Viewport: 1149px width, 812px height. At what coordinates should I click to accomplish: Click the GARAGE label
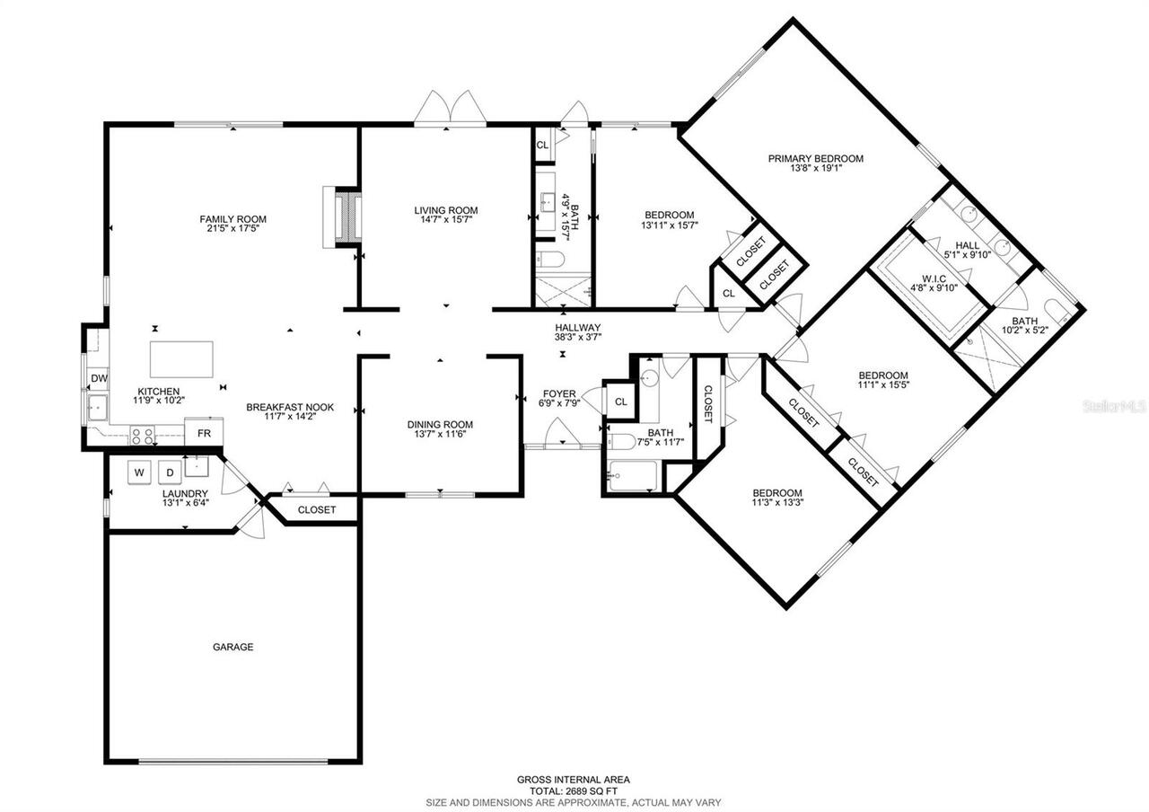[232, 647]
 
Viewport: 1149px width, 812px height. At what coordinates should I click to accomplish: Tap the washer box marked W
[139, 472]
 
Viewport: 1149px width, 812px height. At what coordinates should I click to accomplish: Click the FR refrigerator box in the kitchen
[204, 433]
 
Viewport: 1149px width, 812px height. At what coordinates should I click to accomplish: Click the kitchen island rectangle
[182, 359]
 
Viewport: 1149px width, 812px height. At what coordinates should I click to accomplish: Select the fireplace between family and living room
[343, 216]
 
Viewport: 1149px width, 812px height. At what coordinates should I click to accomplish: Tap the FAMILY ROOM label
[232, 219]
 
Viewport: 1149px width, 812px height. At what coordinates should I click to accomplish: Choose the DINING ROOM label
[440, 425]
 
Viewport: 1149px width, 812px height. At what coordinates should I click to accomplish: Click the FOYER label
[559, 394]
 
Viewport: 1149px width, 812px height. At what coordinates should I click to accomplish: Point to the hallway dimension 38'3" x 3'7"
[577, 338]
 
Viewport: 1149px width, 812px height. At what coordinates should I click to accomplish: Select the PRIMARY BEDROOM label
[815, 159]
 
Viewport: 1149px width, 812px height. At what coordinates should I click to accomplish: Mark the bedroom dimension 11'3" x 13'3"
[776, 503]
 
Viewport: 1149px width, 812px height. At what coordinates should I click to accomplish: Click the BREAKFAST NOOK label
[290, 407]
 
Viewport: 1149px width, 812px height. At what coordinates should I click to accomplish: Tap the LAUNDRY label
[185, 494]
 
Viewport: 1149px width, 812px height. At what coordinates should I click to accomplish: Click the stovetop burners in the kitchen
[143, 437]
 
